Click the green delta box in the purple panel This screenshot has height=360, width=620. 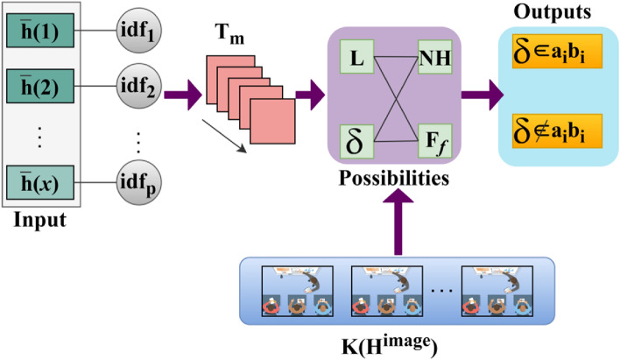pos(356,138)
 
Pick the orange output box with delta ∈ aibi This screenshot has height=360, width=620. pos(552,54)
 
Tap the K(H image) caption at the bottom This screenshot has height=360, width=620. pos(399,338)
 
